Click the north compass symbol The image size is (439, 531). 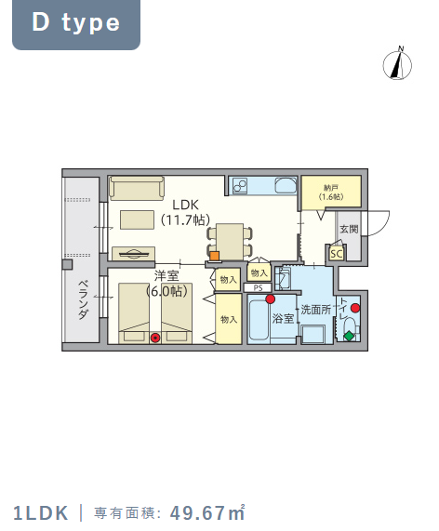coord(397,64)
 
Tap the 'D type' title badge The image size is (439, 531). coord(76,24)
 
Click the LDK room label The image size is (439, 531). coord(185,205)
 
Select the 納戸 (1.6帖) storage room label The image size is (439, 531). coord(331,192)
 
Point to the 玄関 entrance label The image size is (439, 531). coord(349,230)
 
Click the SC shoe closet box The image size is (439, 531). coord(337,253)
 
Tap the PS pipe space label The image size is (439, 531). coord(259,288)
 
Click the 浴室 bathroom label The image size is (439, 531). coord(283,318)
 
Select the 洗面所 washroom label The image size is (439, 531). coord(315,310)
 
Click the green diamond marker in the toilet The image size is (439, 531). coord(349,337)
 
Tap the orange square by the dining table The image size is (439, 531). coord(215,256)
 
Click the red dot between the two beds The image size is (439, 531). coord(155,338)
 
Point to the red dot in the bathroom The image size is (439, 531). coord(270,299)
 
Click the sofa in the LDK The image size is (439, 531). coord(137,188)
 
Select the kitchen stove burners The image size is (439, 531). coord(239,186)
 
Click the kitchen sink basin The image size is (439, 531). coord(286,185)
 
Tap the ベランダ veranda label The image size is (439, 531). coord(84,300)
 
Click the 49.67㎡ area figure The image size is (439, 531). coord(207,512)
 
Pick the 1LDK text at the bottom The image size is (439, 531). coord(41,513)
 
